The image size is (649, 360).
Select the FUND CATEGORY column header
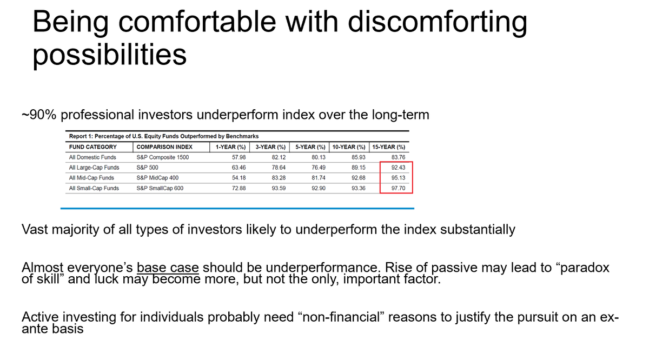(x=93, y=146)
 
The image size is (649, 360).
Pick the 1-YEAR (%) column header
(x=230, y=146)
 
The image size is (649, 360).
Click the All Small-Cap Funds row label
(x=94, y=188)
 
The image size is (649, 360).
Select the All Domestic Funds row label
(x=92, y=157)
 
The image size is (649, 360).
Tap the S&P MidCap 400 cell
(x=157, y=178)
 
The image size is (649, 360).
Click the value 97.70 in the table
(x=399, y=188)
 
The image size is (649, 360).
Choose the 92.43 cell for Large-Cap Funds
(x=399, y=168)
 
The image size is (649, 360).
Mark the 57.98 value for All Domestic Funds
(x=239, y=157)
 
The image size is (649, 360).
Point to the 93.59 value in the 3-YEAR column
(x=279, y=188)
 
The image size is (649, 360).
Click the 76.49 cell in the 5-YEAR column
(x=318, y=168)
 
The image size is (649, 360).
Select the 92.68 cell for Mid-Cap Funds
(x=359, y=178)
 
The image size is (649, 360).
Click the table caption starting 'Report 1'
(x=164, y=136)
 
